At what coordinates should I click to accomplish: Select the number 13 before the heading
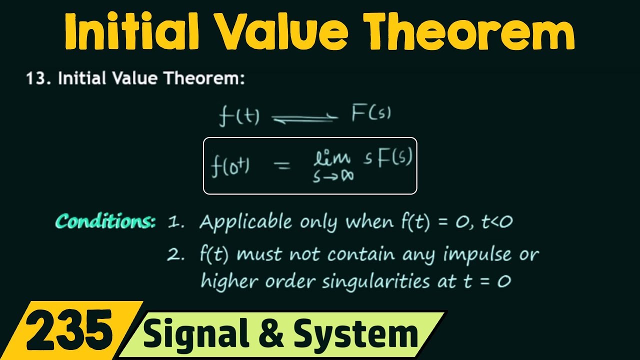click(37, 78)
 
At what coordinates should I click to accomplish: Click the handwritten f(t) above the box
click(239, 116)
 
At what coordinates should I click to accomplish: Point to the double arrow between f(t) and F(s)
click(304, 118)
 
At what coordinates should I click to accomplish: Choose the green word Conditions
click(105, 221)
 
